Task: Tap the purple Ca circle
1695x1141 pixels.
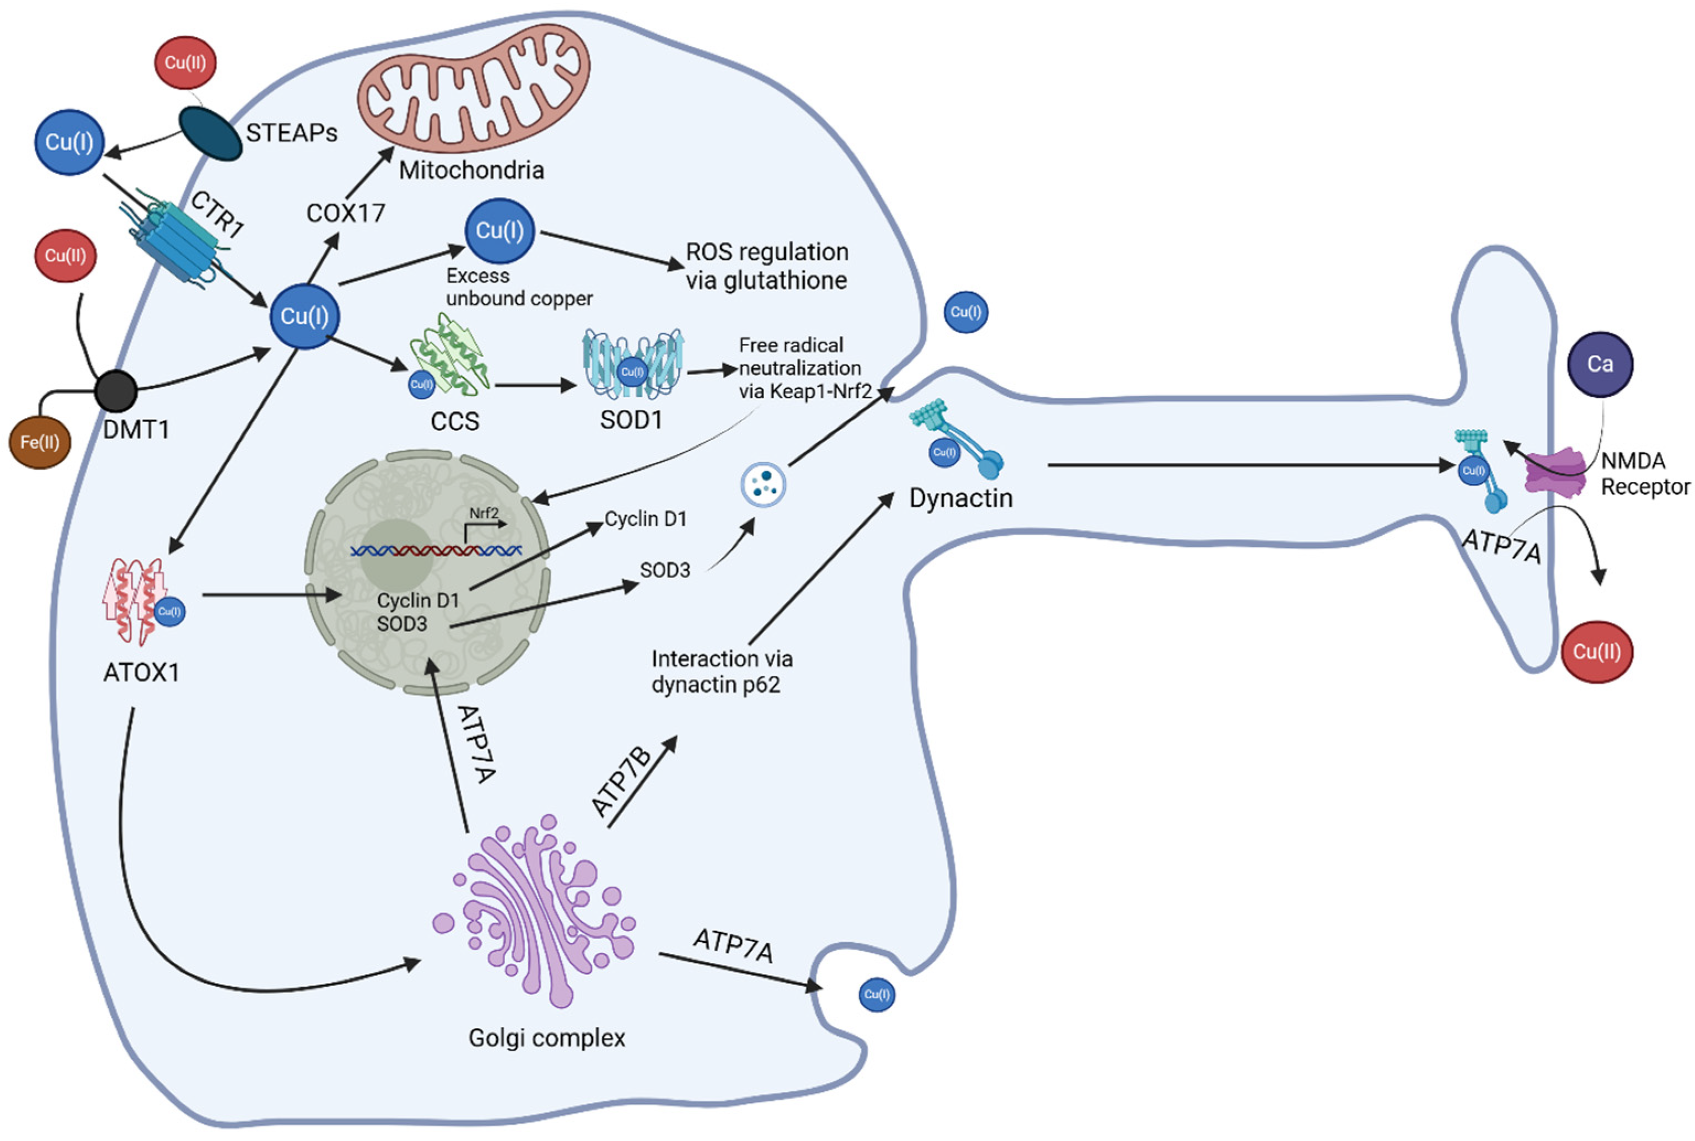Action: coord(1600,364)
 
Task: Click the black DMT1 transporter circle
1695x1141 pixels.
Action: coord(116,391)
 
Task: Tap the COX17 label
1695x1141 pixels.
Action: coord(345,213)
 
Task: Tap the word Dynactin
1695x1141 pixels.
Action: coord(961,498)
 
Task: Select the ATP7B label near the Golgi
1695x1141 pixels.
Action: coord(621,782)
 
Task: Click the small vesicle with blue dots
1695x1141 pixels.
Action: coord(763,484)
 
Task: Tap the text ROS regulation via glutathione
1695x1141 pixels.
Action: coord(766,266)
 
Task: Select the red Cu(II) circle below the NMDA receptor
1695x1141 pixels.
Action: coord(1597,652)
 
